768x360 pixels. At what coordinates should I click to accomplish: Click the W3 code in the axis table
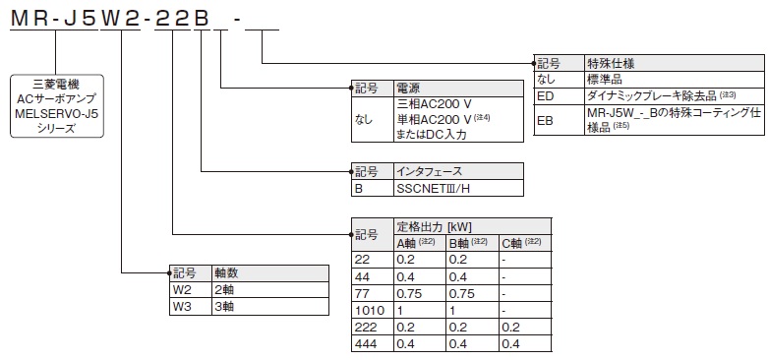point(182,306)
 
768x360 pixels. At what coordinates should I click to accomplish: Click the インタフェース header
point(429,170)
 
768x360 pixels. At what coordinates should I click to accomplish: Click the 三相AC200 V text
point(434,102)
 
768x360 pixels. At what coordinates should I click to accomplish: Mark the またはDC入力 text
point(432,134)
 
